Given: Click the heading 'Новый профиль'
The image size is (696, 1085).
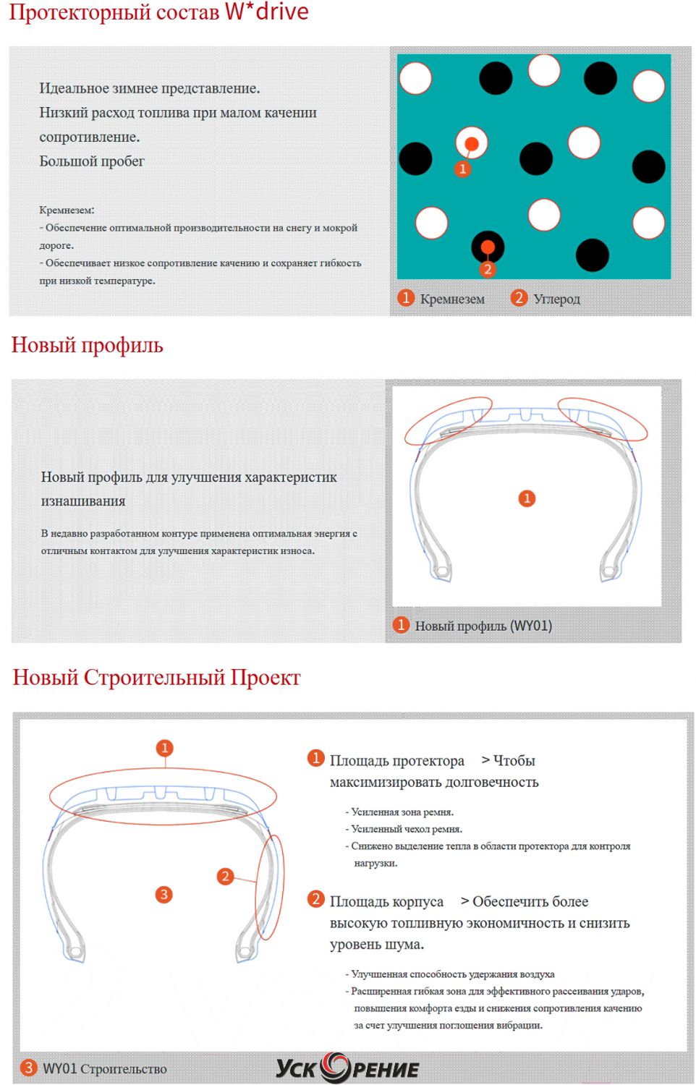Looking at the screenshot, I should click(87, 345).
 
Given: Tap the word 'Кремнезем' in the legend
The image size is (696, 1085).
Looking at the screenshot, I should click(452, 299).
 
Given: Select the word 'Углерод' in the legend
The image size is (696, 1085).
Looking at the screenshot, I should click(556, 299).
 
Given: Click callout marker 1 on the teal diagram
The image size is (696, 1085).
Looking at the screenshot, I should click(463, 169).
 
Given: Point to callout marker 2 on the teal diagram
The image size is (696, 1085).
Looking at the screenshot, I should click(488, 269).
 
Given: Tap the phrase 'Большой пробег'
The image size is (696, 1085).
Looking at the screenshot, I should click(92, 161).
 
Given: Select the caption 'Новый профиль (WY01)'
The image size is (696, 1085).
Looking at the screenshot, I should click(483, 626).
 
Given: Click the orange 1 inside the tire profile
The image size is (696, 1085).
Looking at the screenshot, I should click(527, 498).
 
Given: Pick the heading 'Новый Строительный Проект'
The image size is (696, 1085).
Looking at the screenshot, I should click(156, 678).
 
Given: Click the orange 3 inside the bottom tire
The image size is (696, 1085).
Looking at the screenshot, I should click(164, 895).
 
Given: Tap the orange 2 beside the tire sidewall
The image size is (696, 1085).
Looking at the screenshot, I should click(225, 877).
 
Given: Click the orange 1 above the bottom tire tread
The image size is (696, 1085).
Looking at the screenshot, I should click(165, 748).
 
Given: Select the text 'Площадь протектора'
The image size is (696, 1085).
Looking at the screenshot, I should click(396, 761).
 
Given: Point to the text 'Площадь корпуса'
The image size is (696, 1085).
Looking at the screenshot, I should click(386, 902).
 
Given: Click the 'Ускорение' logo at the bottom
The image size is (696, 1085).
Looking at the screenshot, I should click(347, 1068).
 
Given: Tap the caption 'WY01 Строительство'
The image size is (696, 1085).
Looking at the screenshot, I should click(104, 1069).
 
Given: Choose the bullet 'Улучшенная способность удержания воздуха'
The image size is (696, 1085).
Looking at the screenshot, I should click(452, 974).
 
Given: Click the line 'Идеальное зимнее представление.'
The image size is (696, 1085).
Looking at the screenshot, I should click(149, 88).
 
